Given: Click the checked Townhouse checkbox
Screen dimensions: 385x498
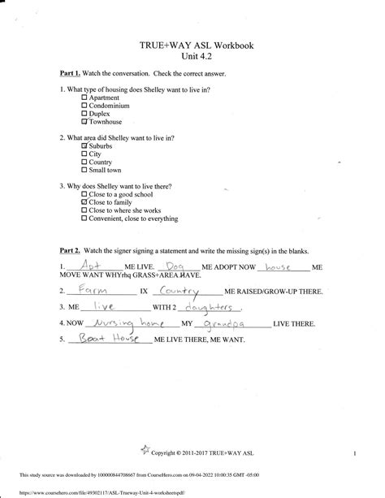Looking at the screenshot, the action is click(85, 121).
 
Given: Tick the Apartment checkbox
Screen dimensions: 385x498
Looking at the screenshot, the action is click(85, 97).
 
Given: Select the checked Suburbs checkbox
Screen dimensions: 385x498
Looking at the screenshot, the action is click(85, 145).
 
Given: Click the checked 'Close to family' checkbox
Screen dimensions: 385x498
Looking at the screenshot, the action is click(85, 202).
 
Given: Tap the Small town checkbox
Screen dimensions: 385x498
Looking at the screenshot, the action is click(85, 170).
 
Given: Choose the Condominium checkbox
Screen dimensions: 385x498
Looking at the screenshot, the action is click(85, 105).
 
